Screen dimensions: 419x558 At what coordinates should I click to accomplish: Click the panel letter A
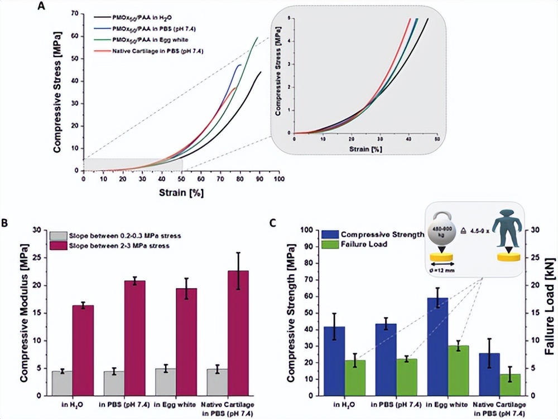point(40,7)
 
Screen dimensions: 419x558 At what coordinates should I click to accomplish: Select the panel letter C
point(273,223)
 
